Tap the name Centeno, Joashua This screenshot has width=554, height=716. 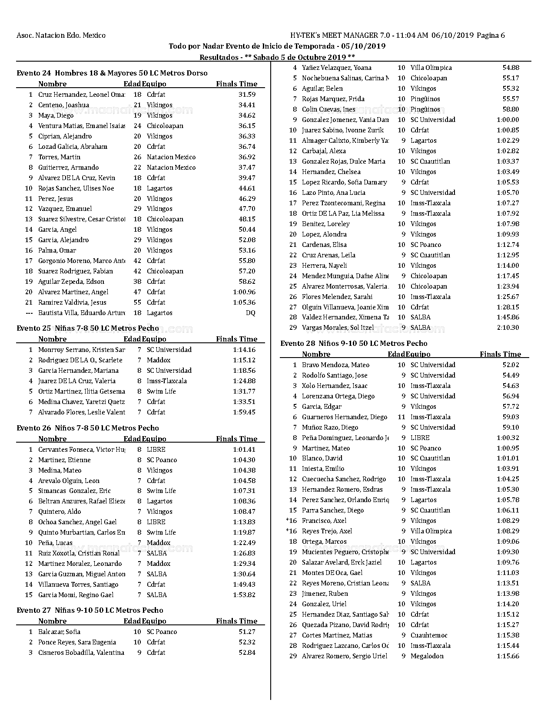[63, 105]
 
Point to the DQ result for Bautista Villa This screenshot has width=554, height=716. [250, 313]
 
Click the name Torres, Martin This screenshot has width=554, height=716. [59, 157]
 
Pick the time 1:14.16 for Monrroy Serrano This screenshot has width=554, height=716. [244, 350]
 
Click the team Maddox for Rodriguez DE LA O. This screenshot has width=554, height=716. [159, 360]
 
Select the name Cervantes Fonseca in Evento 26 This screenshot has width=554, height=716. [81, 450]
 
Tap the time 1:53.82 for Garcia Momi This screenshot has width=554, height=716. [244, 595]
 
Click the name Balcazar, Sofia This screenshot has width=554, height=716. [59, 632]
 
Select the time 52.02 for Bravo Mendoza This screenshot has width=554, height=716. [511, 365]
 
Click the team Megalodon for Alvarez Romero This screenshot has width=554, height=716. [427, 656]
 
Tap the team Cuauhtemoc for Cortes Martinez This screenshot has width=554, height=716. [429, 635]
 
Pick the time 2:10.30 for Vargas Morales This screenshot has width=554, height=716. [508, 328]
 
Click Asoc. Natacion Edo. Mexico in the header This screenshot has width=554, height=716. [61, 36]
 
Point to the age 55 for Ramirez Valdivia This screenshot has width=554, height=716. [137, 302]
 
